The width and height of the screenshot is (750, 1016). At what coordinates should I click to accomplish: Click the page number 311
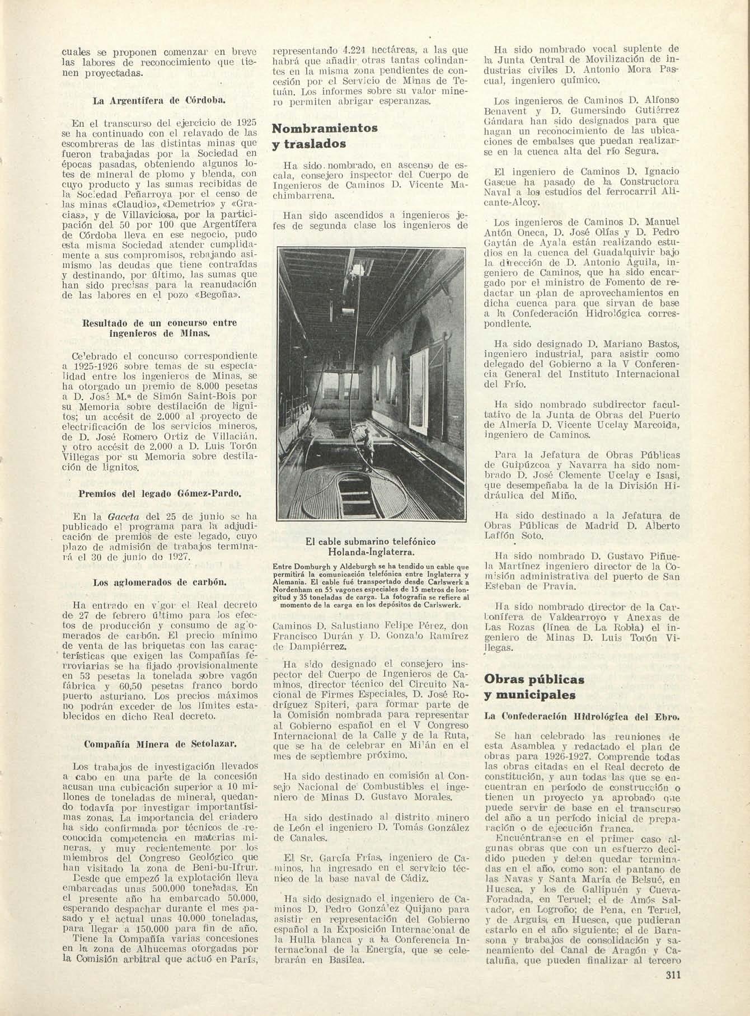(673, 991)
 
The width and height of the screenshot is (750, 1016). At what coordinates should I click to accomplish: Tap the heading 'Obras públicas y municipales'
(534, 687)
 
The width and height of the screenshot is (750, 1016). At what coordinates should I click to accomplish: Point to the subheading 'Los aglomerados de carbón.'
(160, 582)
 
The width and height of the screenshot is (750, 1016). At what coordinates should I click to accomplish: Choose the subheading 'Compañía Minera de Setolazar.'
(160, 744)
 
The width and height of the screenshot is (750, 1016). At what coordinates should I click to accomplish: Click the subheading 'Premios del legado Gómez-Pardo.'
(160, 494)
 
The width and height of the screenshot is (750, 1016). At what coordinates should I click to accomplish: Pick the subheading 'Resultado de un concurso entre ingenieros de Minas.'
(160, 328)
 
